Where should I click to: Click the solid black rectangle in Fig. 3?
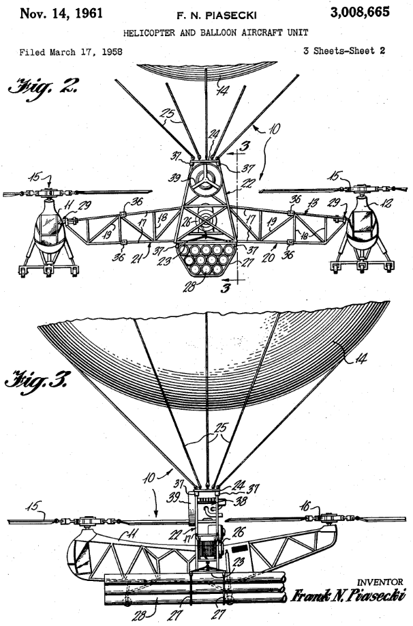[239, 548]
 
